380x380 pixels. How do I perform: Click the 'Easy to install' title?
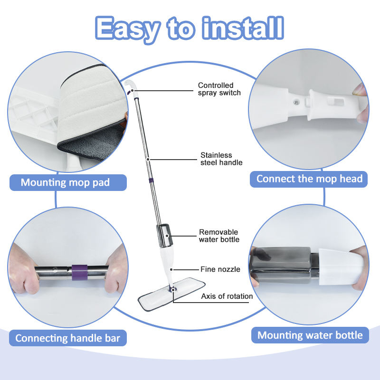pos(189,29)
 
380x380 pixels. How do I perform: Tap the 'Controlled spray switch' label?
pos(219,89)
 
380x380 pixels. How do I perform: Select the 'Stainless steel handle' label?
pos(221,159)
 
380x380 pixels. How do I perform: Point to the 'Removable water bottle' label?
pos(219,236)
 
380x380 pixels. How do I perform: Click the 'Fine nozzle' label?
pos(220,269)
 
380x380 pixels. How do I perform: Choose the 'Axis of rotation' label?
pos(227,296)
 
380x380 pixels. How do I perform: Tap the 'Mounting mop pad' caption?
pos(65,182)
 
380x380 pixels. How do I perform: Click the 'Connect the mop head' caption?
pos(310,179)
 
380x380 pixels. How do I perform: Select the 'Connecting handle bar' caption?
pos(67,338)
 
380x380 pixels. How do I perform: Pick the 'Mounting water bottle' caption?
pos(310,335)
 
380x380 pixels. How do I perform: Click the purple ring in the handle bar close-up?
pos(79,272)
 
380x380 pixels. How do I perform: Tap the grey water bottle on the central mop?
pos(165,236)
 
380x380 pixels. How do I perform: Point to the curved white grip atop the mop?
pos(130,86)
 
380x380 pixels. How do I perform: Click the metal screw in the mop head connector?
pos(296,103)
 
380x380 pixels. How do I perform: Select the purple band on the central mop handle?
pos(151,180)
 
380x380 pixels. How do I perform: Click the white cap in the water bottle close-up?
pos(341,266)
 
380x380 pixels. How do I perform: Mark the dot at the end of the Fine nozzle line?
pos(171,269)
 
